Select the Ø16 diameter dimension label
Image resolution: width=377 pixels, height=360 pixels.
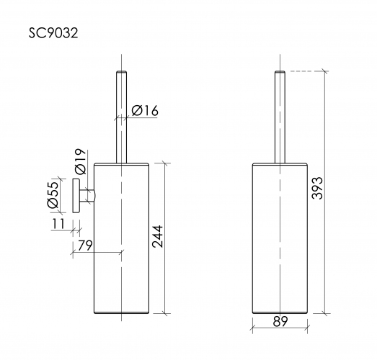pyautogui.click(x=146, y=110)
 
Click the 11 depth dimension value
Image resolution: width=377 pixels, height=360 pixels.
pyautogui.click(x=58, y=225)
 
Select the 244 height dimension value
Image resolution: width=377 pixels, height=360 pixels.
pyautogui.click(x=157, y=235)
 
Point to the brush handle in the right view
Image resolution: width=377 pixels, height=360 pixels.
pyautogui.click(x=280, y=115)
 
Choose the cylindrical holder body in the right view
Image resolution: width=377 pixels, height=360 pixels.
pyautogui.click(x=280, y=238)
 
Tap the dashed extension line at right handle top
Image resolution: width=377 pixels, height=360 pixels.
pyautogui.click(x=306, y=71)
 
